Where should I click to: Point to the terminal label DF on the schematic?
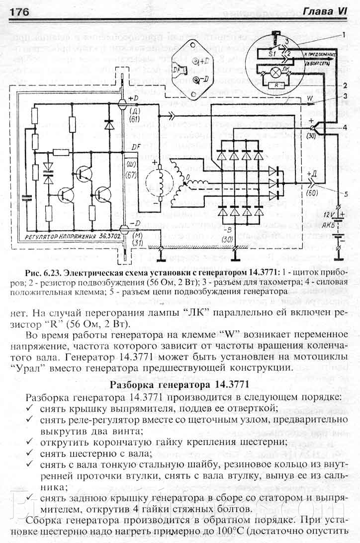[x=134, y=146]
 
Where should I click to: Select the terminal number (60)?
[x=312, y=191]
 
